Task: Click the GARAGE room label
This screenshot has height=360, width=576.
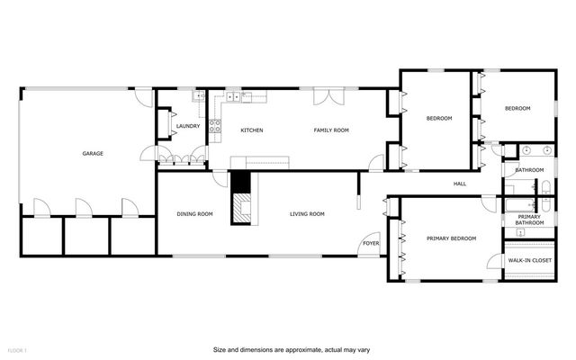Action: coord(93,154)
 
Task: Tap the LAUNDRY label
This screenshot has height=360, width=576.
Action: coord(187,126)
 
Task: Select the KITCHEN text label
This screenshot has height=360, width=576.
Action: coord(251,130)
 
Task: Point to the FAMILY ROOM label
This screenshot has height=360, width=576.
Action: coord(330,130)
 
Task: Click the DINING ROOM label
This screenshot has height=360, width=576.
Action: coord(194,213)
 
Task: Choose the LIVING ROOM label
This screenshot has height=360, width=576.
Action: coord(307,213)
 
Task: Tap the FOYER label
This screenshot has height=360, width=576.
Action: coord(370,243)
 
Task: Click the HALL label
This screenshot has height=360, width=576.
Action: coord(460,184)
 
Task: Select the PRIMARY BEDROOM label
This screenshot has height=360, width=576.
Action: coord(451,238)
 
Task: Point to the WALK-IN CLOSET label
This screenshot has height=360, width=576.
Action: coord(529,260)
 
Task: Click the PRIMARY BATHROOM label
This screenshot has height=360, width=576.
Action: coord(528,219)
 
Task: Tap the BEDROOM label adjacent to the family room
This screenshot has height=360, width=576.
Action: coord(438,118)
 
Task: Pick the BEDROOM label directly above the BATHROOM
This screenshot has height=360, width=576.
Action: coord(517,109)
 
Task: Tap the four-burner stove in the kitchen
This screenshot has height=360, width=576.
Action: coord(216,127)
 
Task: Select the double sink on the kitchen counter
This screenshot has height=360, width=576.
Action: coord(232,95)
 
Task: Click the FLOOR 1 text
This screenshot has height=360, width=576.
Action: coord(18,349)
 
